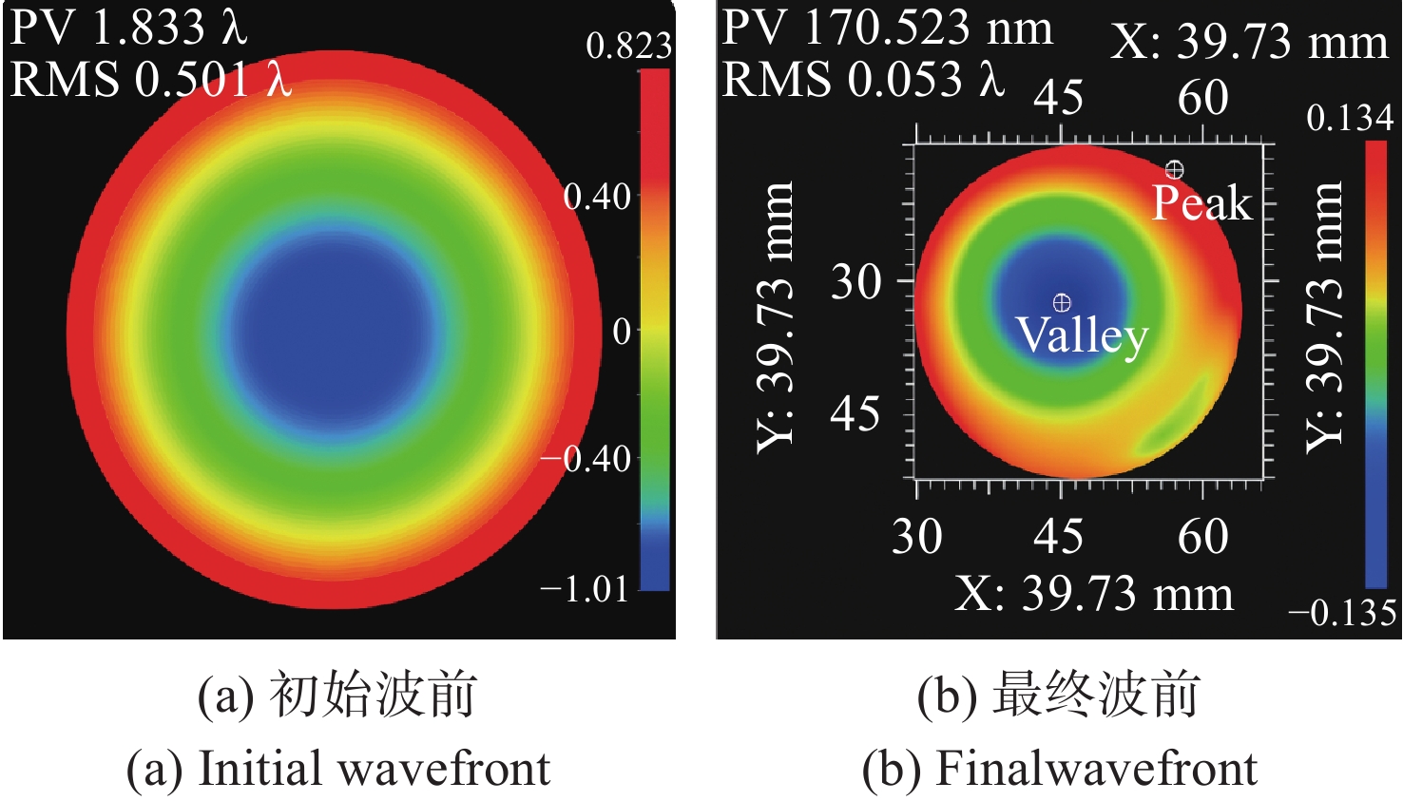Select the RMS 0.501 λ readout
tap(150, 78)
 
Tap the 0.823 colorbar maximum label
tap(628, 46)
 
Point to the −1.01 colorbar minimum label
tap(584, 589)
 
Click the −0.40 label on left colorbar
tap(586, 459)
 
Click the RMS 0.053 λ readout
tap(862, 78)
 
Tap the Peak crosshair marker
tap(1175, 170)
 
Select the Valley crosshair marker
tap(1062, 303)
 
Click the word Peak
tap(1201, 203)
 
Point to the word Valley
tap(1082, 334)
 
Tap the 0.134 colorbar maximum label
tap(1350, 118)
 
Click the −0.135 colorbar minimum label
tap(1342, 613)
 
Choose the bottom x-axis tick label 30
tap(916, 536)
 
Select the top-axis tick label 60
tap(1202, 97)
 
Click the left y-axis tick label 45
tap(855, 413)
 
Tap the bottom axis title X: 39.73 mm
tap(1093, 594)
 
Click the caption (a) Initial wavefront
tap(338, 768)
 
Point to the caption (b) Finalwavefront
tap(1059, 768)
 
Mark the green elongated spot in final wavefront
tap(1176, 415)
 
